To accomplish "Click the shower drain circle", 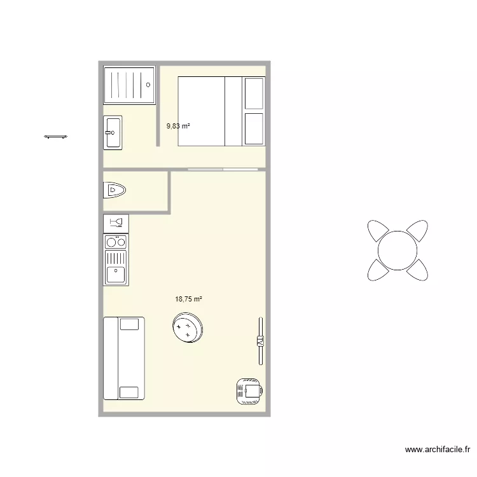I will point(148,84).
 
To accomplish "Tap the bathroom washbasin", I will point(113,132).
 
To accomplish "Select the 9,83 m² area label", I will point(178,126).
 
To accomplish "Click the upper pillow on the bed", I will point(254,93).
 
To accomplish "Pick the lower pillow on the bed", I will point(254,129).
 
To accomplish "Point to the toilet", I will point(115,190).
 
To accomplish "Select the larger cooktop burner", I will point(111,242).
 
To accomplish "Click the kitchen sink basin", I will point(116,275).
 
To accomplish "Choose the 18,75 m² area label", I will point(188,298).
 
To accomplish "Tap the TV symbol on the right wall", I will point(259,342).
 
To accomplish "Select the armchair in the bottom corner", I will point(249,391).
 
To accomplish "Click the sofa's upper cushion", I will point(129,324).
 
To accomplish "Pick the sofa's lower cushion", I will point(129,392).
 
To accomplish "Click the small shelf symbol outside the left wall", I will point(56,136).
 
